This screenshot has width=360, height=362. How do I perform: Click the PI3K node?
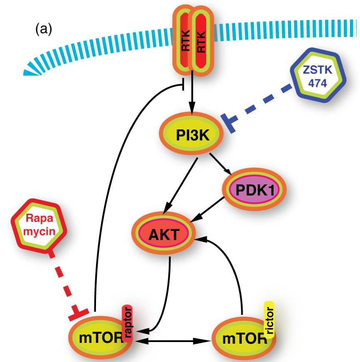point(192,134)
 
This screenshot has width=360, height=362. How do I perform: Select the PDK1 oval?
point(253,189)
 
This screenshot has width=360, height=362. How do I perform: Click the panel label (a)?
point(43,29)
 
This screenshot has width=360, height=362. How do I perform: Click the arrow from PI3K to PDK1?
point(220,164)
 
